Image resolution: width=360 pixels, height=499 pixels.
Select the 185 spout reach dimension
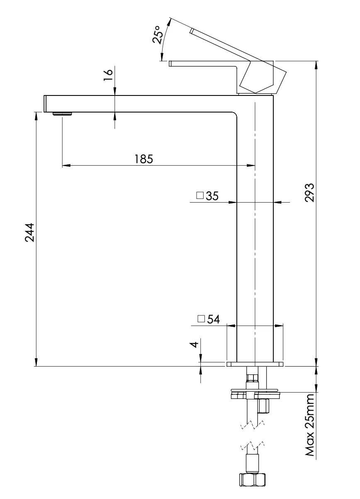pyautogui.click(x=144, y=159)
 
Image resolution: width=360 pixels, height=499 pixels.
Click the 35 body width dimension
pyautogui.click(x=212, y=196)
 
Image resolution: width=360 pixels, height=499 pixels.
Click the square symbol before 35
pyautogui.click(x=200, y=196)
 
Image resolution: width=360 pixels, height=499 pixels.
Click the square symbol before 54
pyautogui.click(x=201, y=319)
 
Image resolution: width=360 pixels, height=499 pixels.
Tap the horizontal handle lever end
pyautogui.click(x=170, y=64)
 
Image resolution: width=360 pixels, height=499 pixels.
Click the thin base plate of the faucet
pyautogui.click(x=255, y=364)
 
